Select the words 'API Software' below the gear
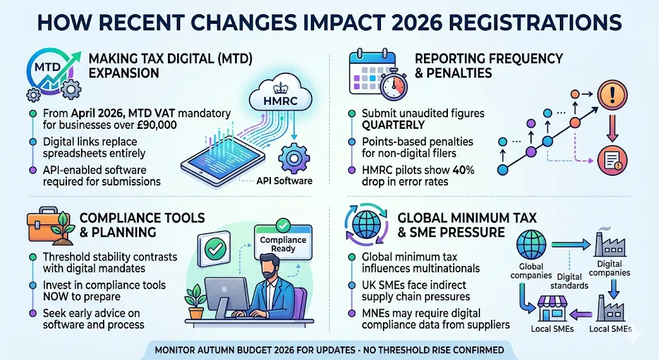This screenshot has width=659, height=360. click(284, 180)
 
